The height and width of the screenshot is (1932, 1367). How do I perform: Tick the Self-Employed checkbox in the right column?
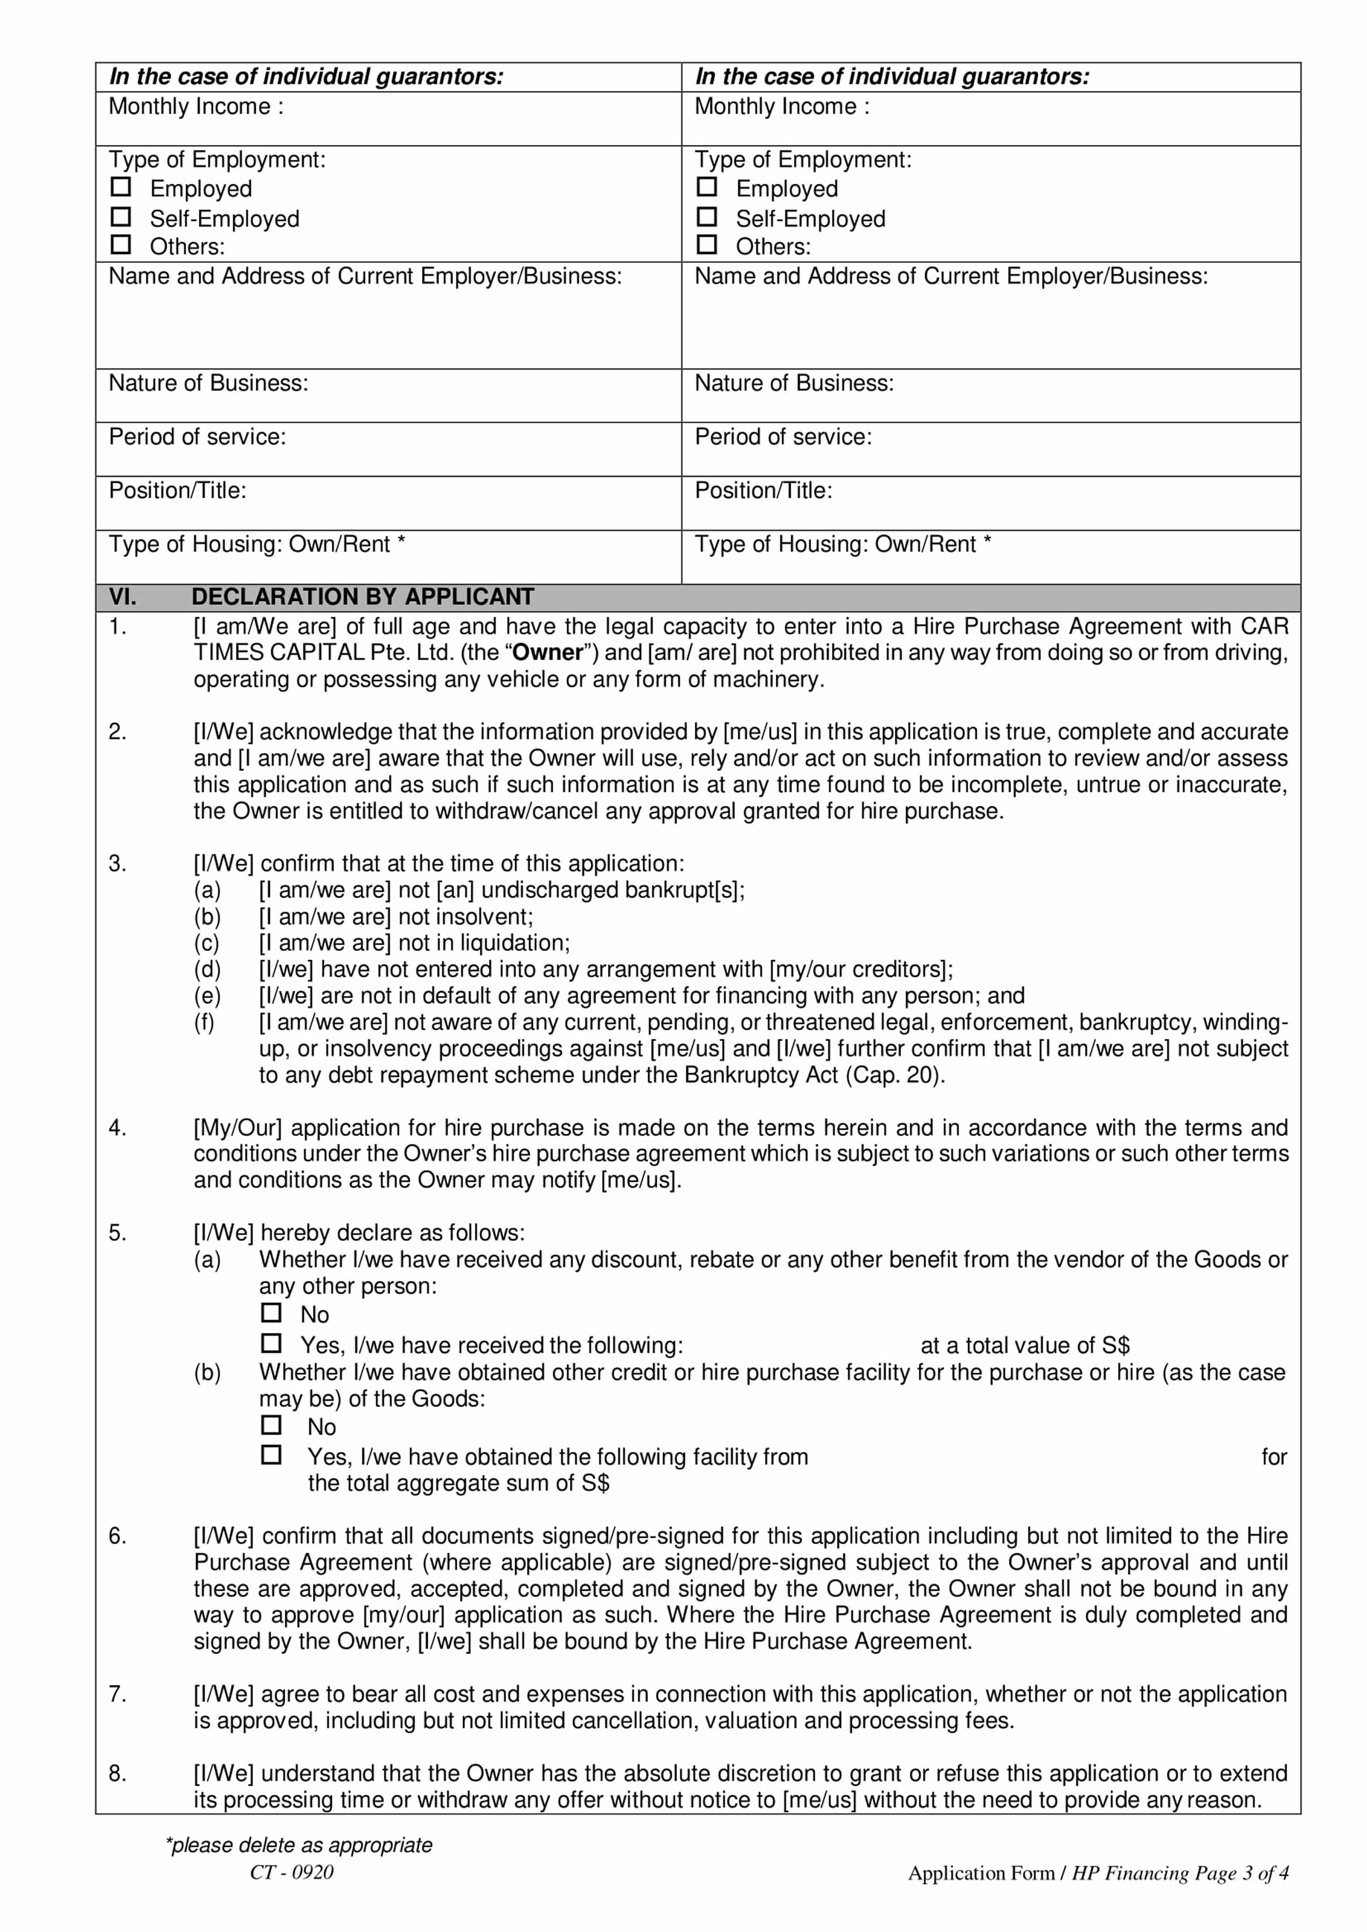(x=707, y=217)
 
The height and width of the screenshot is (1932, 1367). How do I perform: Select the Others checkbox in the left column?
(x=121, y=245)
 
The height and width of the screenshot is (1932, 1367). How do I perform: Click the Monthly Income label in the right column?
(x=781, y=107)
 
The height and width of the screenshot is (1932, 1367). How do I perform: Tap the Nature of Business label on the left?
(x=208, y=384)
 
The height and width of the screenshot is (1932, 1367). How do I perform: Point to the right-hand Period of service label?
(x=783, y=437)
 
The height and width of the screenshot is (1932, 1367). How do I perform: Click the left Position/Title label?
(x=177, y=491)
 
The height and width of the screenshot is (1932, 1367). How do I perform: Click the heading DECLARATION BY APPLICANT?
(x=362, y=597)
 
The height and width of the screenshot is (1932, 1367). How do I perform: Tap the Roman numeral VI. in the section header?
(x=123, y=597)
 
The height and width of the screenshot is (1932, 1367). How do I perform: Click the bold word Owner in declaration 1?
(x=548, y=653)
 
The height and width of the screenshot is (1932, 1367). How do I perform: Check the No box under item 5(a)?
(x=271, y=1313)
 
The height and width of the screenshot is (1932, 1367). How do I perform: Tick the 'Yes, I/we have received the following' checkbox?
(x=271, y=1343)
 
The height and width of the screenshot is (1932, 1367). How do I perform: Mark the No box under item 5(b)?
(x=271, y=1425)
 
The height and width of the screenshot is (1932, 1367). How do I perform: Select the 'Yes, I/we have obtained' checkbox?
(x=271, y=1455)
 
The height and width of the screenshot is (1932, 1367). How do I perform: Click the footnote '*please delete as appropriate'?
(x=299, y=1845)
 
